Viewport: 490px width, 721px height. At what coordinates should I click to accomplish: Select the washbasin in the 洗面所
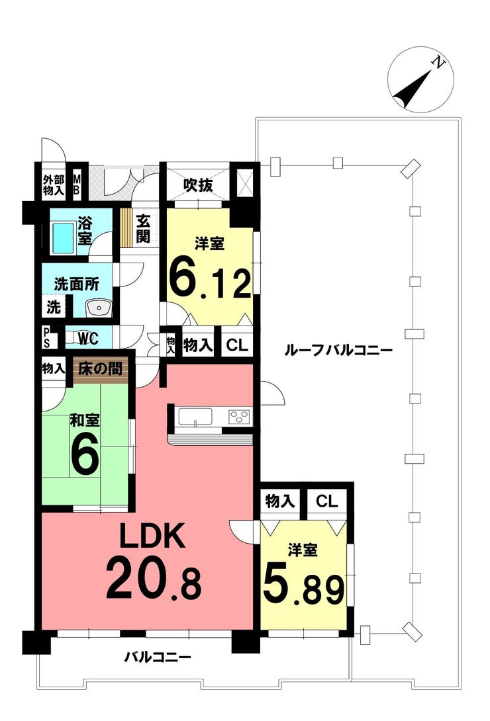[x=100, y=307]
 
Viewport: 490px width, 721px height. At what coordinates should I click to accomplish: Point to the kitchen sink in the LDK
[x=195, y=417]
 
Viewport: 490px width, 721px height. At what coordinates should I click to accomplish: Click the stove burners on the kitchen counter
[x=240, y=416]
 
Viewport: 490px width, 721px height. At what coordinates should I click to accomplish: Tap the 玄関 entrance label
[x=143, y=228]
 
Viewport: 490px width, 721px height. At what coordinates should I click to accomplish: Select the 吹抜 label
[x=198, y=185]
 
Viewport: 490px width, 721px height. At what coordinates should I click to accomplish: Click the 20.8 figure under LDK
[x=152, y=580]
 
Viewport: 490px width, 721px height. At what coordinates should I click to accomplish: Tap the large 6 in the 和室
[x=85, y=456]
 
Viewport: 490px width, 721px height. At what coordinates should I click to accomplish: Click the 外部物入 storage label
[x=53, y=185]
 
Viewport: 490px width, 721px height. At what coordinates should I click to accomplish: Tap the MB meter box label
[x=77, y=185]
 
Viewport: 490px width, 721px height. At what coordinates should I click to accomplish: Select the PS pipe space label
[x=46, y=337]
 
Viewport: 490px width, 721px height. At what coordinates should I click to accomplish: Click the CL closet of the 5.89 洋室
[x=326, y=501]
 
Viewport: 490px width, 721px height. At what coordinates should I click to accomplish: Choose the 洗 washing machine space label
[x=53, y=307]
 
